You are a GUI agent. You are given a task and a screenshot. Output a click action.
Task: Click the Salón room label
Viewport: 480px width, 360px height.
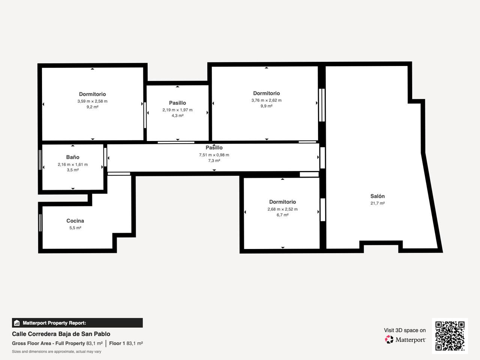coord(378,196)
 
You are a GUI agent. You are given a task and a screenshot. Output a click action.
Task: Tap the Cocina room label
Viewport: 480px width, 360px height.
coord(75,221)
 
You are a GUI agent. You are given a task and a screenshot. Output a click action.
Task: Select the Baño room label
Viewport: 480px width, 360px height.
coord(73,157)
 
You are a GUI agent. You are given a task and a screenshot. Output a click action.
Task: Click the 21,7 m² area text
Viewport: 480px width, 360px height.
coord(378,203)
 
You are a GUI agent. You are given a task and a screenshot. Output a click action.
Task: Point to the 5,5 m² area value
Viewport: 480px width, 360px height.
coord(75,228)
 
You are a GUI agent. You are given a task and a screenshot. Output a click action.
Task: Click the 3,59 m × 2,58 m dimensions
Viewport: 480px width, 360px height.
coord(92,101)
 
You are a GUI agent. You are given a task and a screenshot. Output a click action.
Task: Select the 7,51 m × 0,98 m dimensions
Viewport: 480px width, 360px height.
coord(214,155)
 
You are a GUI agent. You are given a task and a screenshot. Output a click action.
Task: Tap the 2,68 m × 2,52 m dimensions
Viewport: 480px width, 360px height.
coord(282,209)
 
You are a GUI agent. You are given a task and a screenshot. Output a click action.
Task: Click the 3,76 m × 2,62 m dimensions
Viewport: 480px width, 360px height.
coord(266,100)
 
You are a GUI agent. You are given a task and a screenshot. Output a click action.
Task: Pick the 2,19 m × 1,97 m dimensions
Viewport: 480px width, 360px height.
coord(177,110)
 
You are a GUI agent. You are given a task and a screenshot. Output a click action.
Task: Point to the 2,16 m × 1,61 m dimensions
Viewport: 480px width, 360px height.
coord(73,164)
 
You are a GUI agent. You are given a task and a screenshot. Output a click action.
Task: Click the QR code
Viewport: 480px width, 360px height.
coord(450,336)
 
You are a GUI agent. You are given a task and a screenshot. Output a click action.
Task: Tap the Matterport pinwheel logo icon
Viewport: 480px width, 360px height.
coord(389,339)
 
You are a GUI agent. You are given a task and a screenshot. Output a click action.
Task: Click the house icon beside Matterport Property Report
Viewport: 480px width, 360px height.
coord(16,323)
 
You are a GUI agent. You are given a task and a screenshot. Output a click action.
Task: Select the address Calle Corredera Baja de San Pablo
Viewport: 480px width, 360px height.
coord(61,334)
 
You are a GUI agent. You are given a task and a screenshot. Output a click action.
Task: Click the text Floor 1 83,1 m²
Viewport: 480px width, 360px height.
coord(126,343)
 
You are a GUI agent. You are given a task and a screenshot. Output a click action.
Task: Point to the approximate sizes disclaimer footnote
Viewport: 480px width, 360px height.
coord(56,352)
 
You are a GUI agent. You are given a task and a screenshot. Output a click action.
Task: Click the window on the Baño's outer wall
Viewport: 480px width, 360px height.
coord(40,160)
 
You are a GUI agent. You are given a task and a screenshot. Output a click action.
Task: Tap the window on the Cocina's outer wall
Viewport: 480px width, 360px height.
coord(40,223)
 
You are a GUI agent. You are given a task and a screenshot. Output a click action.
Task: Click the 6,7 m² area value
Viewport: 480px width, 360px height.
coord(282,215)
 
